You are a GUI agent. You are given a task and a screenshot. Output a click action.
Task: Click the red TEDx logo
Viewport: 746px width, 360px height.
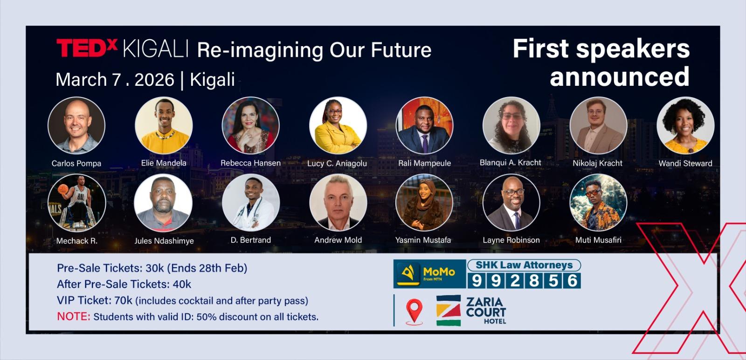87,48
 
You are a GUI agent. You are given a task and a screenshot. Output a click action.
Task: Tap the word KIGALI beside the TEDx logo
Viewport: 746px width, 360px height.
155,49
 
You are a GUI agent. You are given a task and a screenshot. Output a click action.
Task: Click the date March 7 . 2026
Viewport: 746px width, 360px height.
115,80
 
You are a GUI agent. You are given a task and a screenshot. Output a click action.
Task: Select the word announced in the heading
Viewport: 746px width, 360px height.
619,76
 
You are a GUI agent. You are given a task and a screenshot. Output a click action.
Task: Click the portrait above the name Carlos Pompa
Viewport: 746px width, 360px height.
76,125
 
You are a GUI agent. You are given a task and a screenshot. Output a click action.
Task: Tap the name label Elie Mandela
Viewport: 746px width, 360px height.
164,163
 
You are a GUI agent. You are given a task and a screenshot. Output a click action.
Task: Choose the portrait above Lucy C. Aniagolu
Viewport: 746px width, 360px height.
338,125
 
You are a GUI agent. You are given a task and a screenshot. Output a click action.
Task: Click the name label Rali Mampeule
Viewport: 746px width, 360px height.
425,163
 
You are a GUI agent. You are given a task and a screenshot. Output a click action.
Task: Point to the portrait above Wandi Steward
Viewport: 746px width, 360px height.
685,125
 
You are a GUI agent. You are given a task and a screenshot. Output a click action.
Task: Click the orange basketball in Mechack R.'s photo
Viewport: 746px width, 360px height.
63,189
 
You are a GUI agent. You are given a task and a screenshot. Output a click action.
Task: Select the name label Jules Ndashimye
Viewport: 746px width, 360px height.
164,241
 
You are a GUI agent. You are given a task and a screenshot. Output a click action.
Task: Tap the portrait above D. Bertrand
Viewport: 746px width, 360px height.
251,202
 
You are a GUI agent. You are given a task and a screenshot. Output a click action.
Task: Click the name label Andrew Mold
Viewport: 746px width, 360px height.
338,240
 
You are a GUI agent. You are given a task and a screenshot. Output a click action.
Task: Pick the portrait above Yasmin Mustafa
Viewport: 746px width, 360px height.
424,202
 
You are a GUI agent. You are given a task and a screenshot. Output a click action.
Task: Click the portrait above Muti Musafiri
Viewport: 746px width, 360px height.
599,202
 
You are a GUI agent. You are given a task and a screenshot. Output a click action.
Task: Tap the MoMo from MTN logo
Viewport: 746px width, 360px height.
429,274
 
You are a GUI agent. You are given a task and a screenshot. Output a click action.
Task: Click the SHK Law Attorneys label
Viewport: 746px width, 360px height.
524,265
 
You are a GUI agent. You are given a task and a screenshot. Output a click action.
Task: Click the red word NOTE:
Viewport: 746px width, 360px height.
74,316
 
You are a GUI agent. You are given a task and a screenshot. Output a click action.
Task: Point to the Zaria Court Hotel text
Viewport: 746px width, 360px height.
486,311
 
